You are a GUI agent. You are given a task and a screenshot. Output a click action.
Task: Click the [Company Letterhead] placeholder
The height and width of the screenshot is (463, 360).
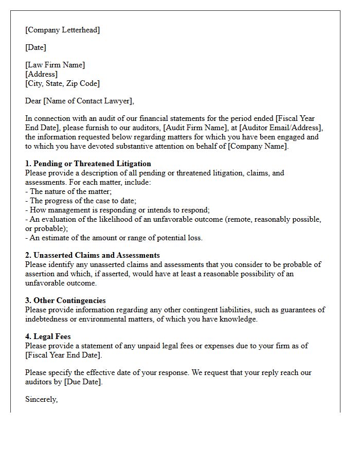(62, 30)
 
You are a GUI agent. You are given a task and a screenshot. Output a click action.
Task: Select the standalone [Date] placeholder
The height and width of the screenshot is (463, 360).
(35, 47)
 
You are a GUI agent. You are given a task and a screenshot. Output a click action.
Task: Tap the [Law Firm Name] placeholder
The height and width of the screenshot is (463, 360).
(55, 65)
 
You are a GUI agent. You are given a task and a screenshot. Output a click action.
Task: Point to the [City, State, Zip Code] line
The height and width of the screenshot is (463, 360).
(62, 83)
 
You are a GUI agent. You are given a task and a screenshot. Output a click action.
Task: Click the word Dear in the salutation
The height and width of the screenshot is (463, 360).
(33, 101)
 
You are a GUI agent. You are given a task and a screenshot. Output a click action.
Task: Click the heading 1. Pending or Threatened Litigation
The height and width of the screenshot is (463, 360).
(88, 164)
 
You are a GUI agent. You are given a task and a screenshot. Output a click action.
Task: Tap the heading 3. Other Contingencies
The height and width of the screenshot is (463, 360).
(65, 300)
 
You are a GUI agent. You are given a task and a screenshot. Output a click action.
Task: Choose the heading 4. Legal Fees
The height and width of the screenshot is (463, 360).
(48, 336)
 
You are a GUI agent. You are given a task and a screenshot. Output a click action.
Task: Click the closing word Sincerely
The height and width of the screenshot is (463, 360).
(41, 399)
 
